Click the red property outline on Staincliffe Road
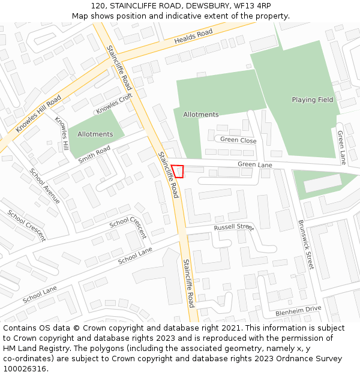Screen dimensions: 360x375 pyautogui.click(x=178, y=171)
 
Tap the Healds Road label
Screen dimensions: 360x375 pyautogui.click(x=193, y=37)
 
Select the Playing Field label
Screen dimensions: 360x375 pyautogui.click(x=312, y=100)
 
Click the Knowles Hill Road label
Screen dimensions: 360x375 pyautogui.click(x=38, y=113)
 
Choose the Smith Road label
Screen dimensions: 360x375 pyautogui.click(x=94, y=154)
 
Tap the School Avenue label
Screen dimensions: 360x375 pyautogui.click(x=45, y=187)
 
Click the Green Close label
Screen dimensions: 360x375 pyautogui.click(x=238, y=140)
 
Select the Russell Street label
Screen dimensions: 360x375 pyautogui.click(x=234, y=227)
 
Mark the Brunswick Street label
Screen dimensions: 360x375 pyautogui.click(x=306, y=244)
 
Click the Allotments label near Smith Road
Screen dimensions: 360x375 pyautogui.click(x=95, y=134)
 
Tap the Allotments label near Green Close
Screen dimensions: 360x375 pyautogui.click(x=201, y=115)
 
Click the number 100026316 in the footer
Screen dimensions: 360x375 pyautogui.click(x=25, y=368)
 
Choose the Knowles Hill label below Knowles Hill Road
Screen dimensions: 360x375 pyautogui.click(x=62, y=133)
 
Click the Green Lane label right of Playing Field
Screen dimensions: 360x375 pyautogui.click(x=341, y=148)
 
